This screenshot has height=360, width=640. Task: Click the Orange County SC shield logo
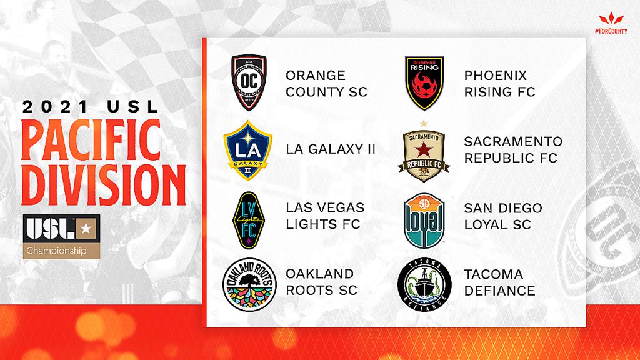[249, 82]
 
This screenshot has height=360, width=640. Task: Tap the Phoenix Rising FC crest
[424, 83]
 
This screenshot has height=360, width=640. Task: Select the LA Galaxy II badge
[248, 150]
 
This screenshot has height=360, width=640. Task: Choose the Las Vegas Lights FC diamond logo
[249, 221]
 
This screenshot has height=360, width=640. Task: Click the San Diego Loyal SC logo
[424, 221]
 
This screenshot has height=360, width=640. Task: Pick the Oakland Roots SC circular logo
[249, 285]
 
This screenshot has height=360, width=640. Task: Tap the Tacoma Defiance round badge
[424, 285]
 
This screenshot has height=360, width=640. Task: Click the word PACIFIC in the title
[91, 140]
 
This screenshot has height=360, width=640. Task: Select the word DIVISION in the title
[104, 185]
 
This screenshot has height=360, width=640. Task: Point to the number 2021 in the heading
[55, 107]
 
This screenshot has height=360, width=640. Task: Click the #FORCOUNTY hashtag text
[611, 31]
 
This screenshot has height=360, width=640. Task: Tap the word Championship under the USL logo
[57, 251]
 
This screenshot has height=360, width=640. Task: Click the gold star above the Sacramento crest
[424, 123]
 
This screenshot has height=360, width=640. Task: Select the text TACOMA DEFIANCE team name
[499, 282]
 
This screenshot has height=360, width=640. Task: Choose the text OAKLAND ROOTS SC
[322, 282]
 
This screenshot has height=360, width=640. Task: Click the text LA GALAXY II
[331, 149]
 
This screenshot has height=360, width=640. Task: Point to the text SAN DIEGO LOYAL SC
[503, 216]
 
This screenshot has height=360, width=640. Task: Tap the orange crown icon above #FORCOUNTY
[611, 19]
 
